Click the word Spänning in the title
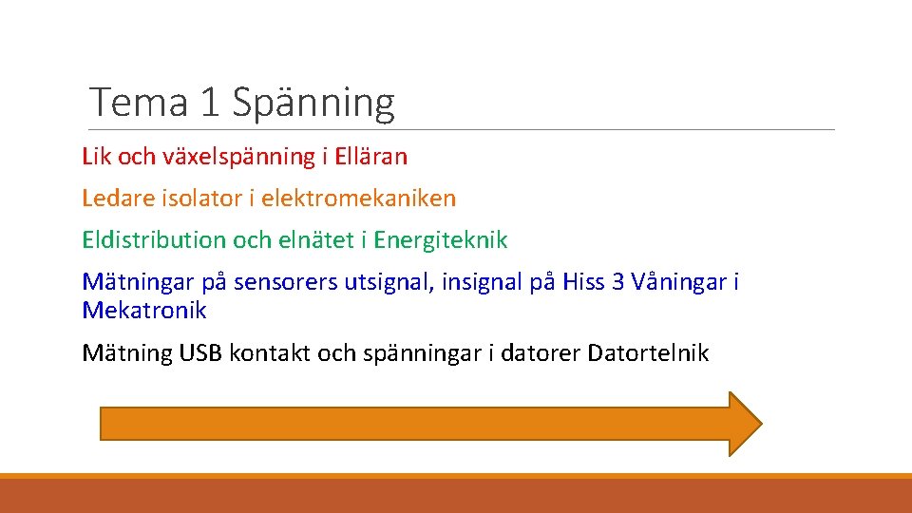pos(313,103)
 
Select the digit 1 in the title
pos(210,103)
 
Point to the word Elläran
pos(369,156)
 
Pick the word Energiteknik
pos(441,240)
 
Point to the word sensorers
pos(277,282)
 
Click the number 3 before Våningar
pos(620,282)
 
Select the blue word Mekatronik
pos(144,311)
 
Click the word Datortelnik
pos(648,353)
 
